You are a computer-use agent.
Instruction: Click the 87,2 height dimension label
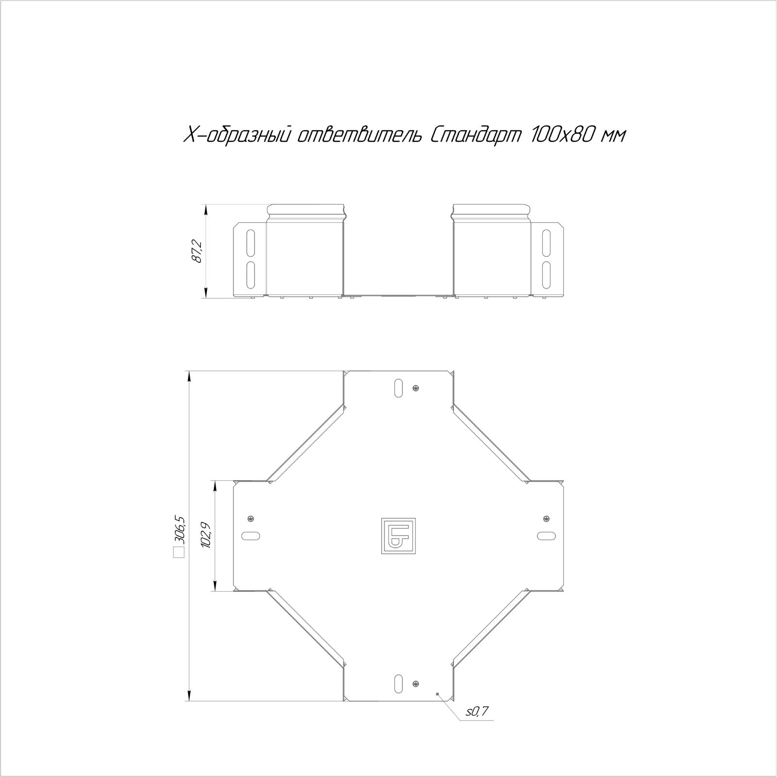point(197,251)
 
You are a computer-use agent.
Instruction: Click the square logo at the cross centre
point(398,536)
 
